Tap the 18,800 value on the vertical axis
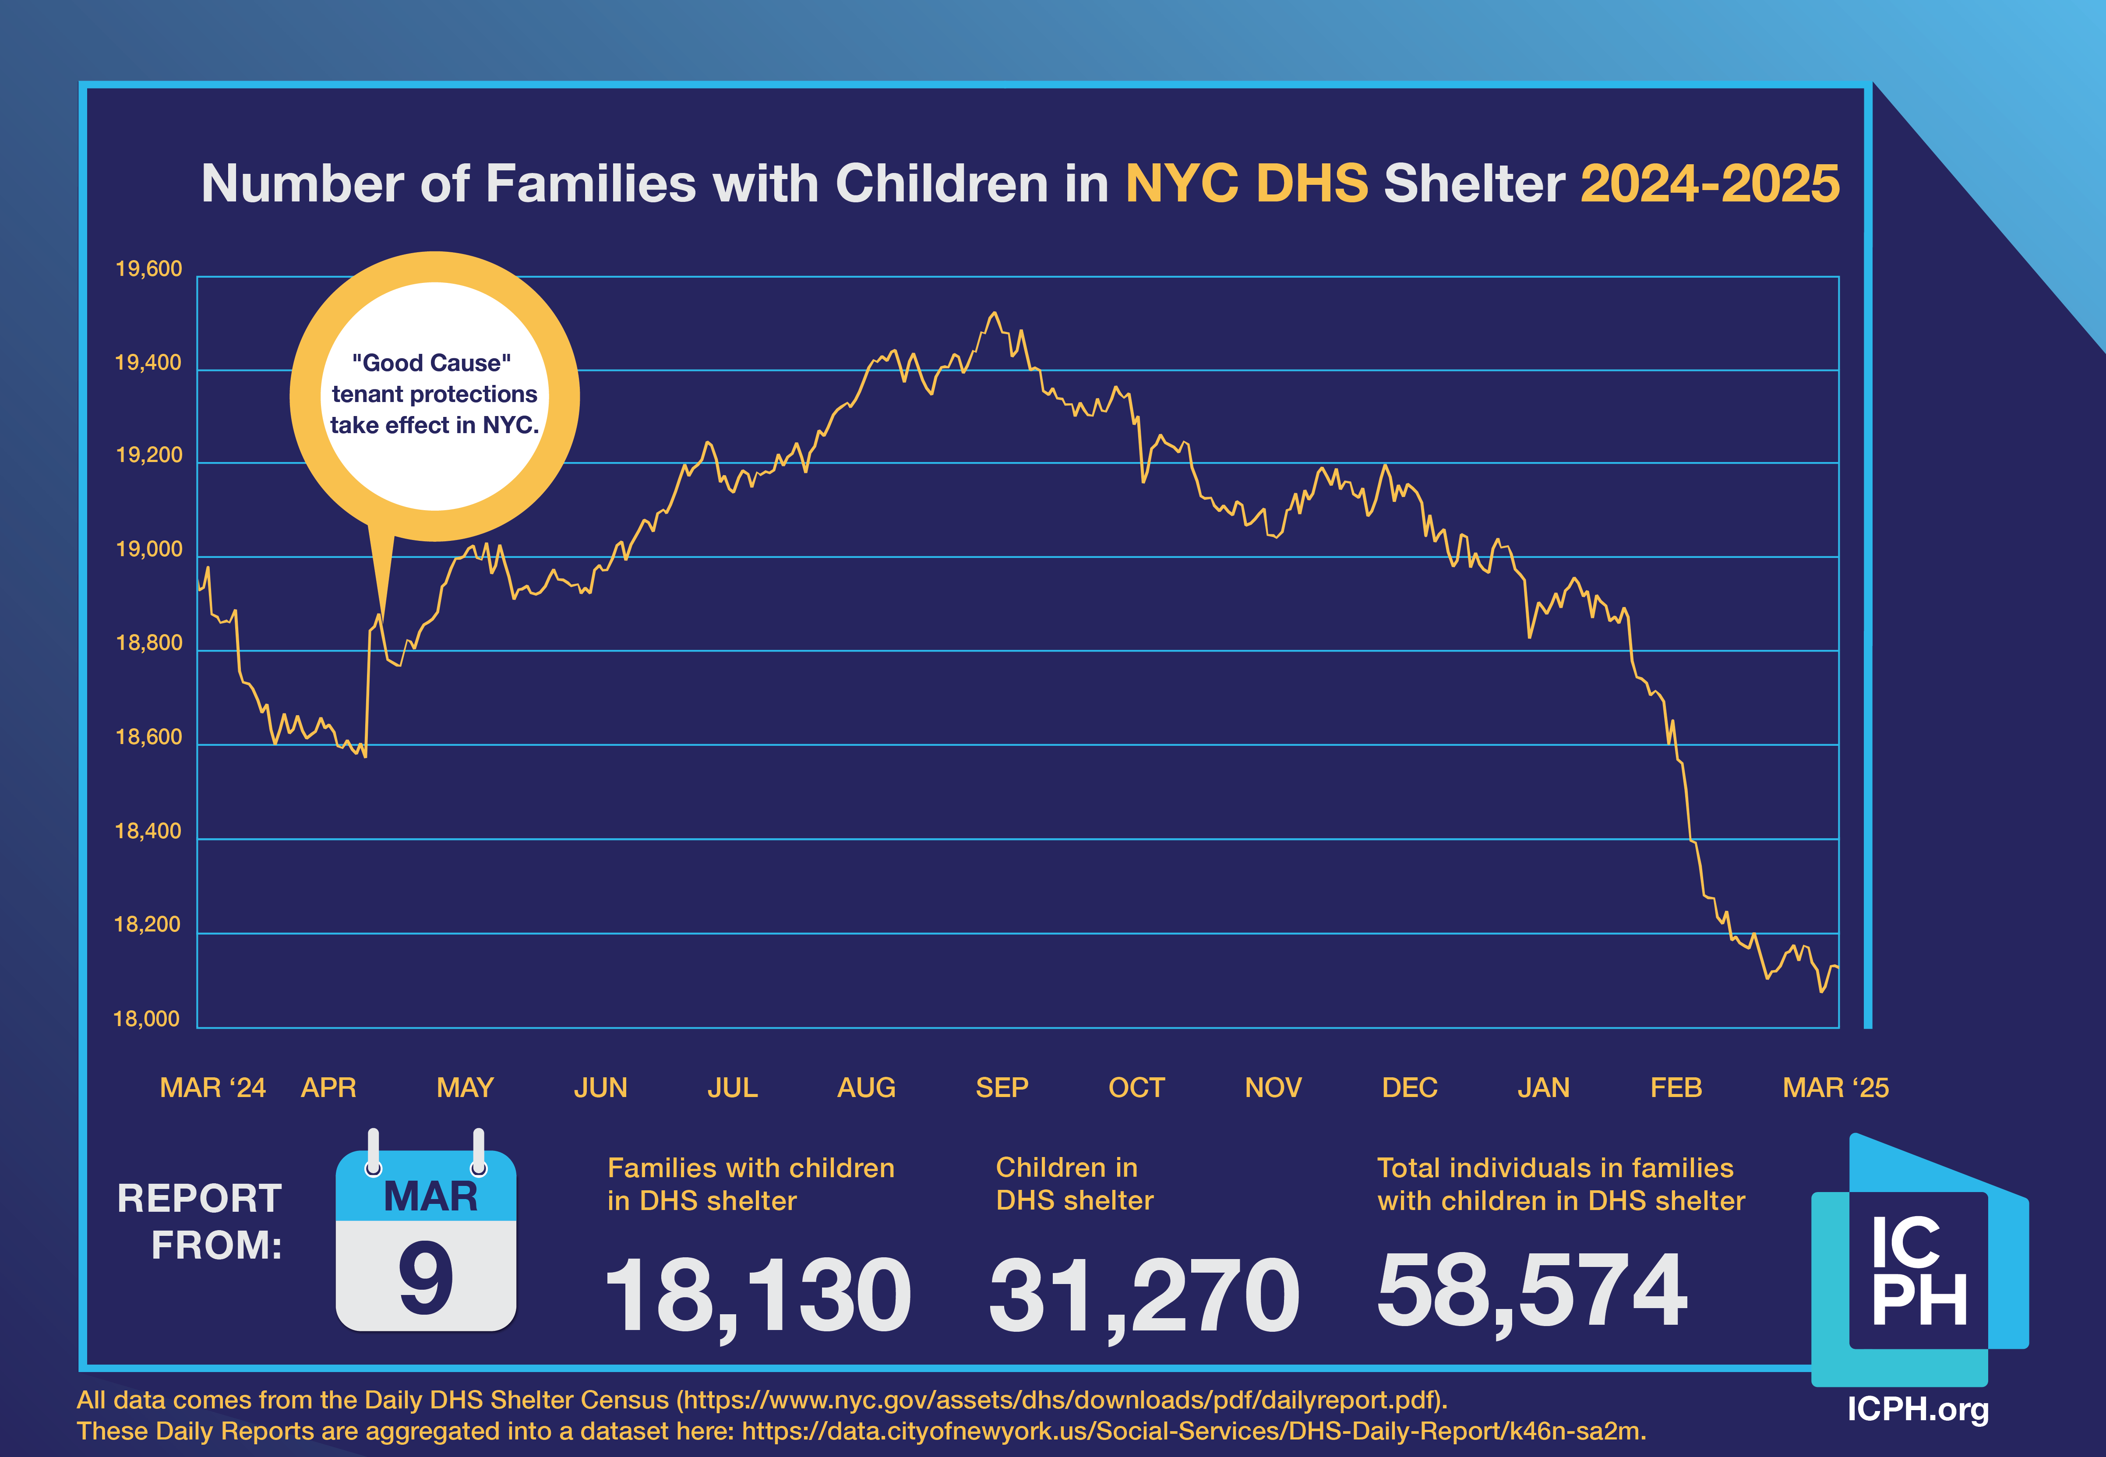[149, 644]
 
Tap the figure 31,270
[1144, 1295]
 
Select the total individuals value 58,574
[1532, 1290]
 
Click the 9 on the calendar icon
[425, 1280]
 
